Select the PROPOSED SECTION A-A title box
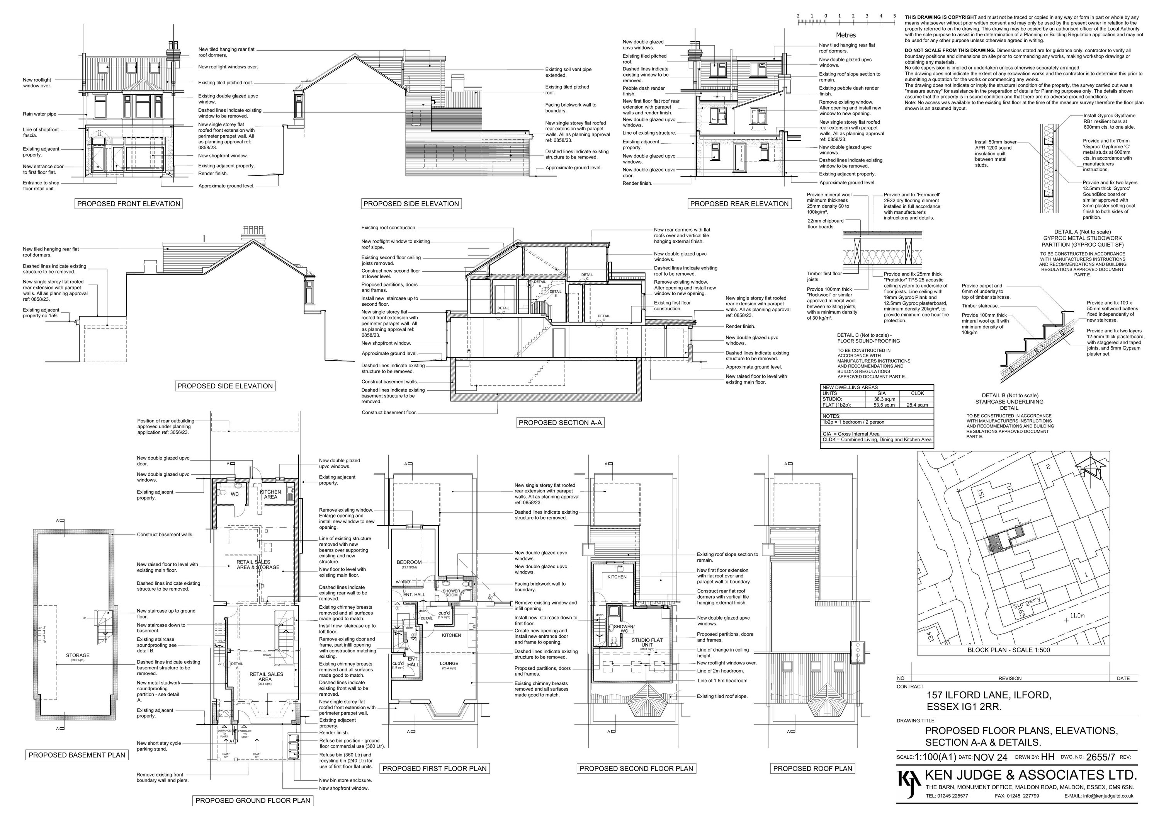click(x=560, y=422)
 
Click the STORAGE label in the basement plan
click(x=78, y=656)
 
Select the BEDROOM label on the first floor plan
click(x=408, y=562)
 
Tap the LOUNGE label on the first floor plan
click(x=449, y=664)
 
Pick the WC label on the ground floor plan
click(x=235, y=494)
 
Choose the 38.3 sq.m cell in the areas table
click(x=884, y=399)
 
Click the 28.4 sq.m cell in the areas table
click(x=917, y=405)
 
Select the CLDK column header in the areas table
click(x=917, y=393)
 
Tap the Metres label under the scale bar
click(x=846, y=35)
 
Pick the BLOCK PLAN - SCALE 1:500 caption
click(x=1009, y=650)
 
